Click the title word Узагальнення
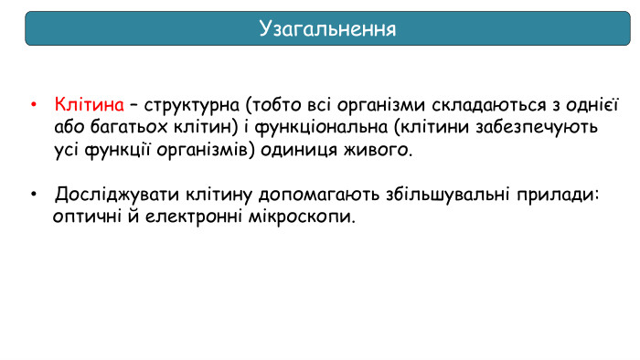(x=327, y=29)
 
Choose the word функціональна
(x=315, y=126)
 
